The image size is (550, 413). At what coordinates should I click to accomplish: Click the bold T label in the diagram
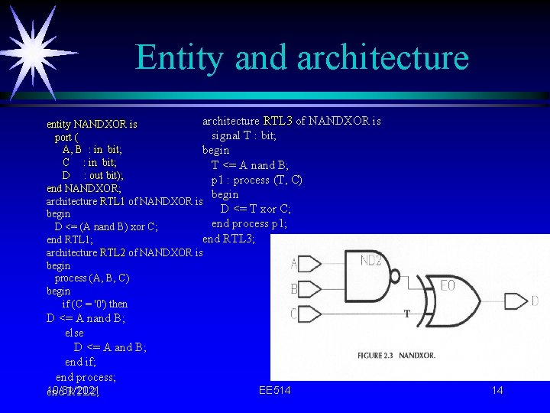(407, 314)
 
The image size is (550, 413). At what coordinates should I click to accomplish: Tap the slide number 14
(497, 391)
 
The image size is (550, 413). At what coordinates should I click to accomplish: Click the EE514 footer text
(274, 391)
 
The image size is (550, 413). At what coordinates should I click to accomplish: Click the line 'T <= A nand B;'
(250, 165)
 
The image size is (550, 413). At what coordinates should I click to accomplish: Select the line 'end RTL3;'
(228, 239)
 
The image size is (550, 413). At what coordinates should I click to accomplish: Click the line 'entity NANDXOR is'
(92, 124)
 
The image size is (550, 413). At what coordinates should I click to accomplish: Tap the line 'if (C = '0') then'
(95, 304)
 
